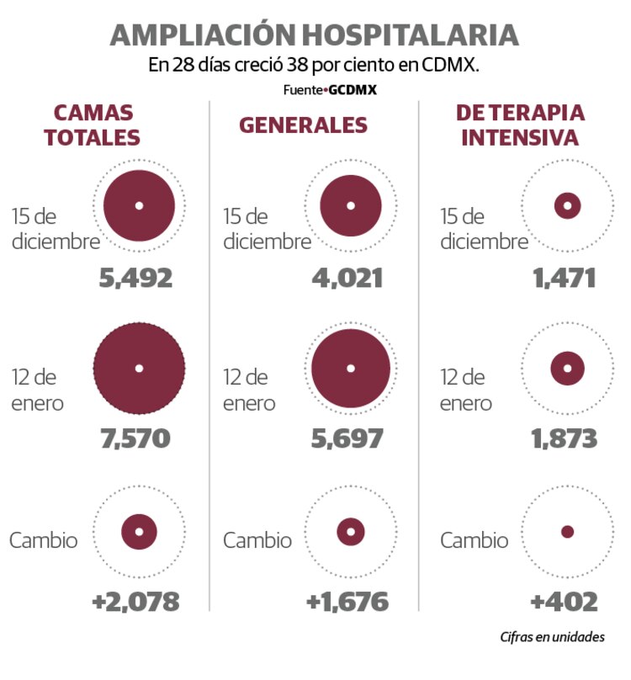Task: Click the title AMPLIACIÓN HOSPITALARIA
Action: (x=315, y=35)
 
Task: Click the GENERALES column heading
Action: (x=304, y=125)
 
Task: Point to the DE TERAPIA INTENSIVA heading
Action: (x=520, y=125)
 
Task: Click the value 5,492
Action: (x=135, y=278)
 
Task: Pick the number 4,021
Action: (x=346, y=278)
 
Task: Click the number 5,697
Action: (x=346, y=438)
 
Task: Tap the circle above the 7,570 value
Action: (x=139, y=368)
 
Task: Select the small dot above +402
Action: (x=567, y=531)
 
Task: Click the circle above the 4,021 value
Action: (x=351, y=206)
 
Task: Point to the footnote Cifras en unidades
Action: (x=552, y=637)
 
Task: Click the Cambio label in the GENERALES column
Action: (x=257, y=539)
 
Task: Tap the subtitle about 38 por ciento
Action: (x=314, y=66)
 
